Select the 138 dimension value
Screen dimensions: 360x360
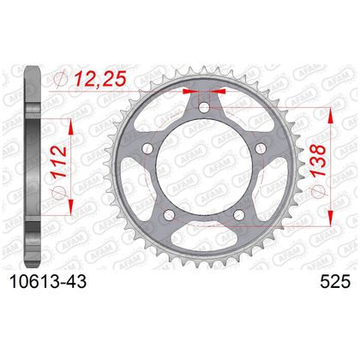[x=318, y=160]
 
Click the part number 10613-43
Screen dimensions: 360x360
[x=48, y=282]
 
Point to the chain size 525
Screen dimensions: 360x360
[x=335, y=282]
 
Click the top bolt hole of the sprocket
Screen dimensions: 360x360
[x=204, y=108]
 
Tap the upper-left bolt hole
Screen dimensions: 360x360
[x=147, y=147]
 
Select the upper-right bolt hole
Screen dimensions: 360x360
[x=260, y=147]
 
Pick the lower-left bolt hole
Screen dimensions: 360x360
[x=169, y=214]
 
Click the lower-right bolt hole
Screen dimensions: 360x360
[x=238, y=214]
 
